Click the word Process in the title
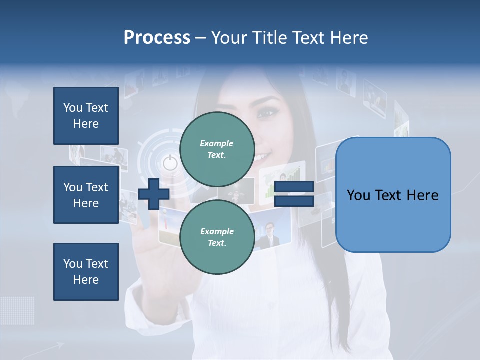point(157,38)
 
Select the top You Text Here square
point(86,116)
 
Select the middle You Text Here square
point(86,195)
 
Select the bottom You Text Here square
point(86,272)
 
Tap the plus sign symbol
point(154,194)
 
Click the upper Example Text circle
point(217,149)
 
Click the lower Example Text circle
point(217,237)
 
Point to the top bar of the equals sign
point(294,187)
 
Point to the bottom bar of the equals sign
point(294,201)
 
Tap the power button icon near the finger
point(170,163)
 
